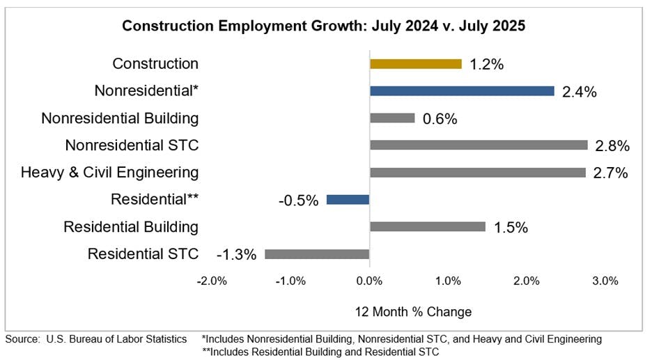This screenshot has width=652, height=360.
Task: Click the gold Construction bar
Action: (415, 64)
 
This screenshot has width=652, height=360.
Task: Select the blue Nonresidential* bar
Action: (462, 91)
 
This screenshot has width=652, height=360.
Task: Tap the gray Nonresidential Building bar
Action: (392, 118)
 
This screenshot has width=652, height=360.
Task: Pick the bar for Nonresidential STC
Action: (479, 146)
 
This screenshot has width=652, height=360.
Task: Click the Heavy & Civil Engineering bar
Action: (477, 173)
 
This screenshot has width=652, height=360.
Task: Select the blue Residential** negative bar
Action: (348, 200)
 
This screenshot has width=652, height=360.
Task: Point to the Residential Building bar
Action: (427, 227)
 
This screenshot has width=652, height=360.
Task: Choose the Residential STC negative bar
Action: (317, 254)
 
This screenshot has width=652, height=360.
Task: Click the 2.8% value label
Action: (613, 146)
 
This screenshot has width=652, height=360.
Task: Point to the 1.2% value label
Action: (486, 65)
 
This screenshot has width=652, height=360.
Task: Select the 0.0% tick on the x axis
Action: (369, 281)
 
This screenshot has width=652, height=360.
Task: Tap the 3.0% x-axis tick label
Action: (605, 281)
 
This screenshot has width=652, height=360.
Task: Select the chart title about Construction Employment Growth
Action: (324, 26)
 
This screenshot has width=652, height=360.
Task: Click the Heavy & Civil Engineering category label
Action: (109, 172)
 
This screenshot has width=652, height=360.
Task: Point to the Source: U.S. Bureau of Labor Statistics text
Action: (96, 339)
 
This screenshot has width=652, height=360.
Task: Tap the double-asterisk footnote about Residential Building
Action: (320, 352)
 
